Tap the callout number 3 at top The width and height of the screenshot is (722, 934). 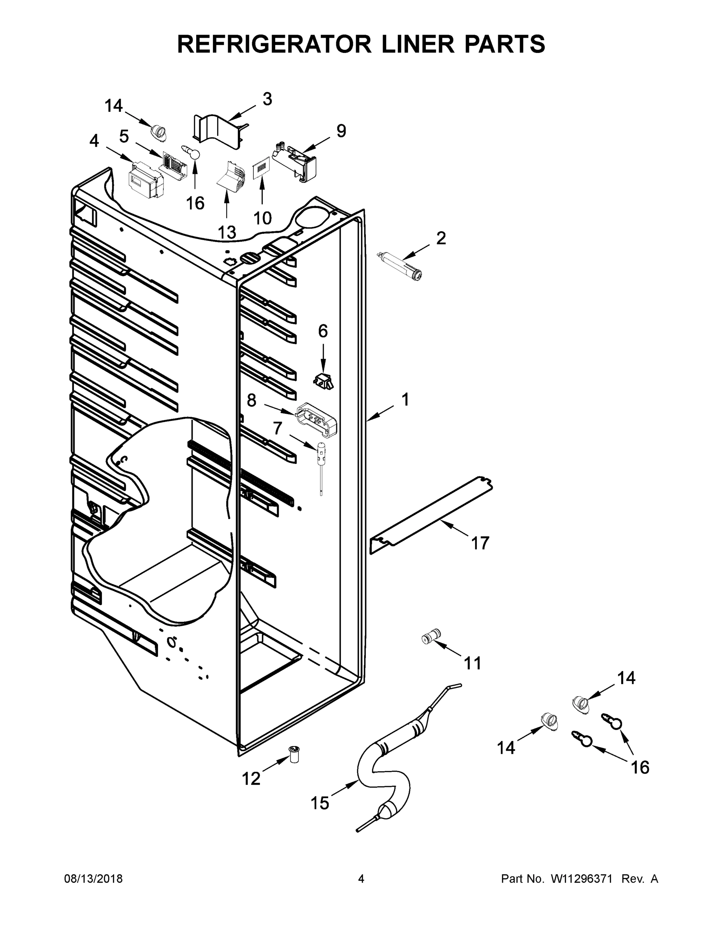point(267,99)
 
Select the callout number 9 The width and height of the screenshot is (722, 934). point(341,131)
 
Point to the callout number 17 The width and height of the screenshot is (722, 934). point(480,543)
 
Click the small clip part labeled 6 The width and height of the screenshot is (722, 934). point(324,380)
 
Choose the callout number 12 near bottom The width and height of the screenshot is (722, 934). point(251,779)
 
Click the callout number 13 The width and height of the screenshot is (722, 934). point(227,232)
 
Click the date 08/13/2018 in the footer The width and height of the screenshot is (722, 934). point(93,879)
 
